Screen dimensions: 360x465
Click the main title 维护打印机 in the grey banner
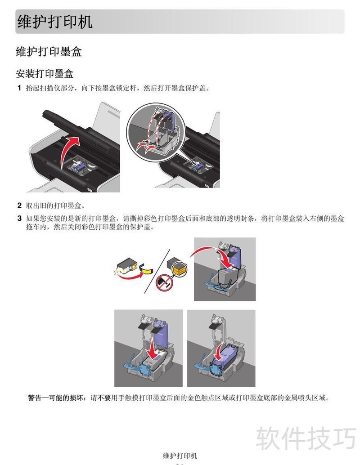(54, 21)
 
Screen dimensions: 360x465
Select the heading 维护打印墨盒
(49, 52)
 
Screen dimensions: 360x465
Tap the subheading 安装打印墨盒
(45, 74)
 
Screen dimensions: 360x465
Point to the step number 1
(19, 88)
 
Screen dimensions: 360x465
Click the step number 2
(19, 205)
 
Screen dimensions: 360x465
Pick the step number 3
(19, 219)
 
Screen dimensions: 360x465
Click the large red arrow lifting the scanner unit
(68, 151)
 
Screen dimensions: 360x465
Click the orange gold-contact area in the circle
(179, 270)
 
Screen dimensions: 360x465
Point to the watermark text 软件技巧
(306, 438)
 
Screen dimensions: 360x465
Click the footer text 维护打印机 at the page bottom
(180, 456)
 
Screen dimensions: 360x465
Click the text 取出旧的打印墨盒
(55, 206)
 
